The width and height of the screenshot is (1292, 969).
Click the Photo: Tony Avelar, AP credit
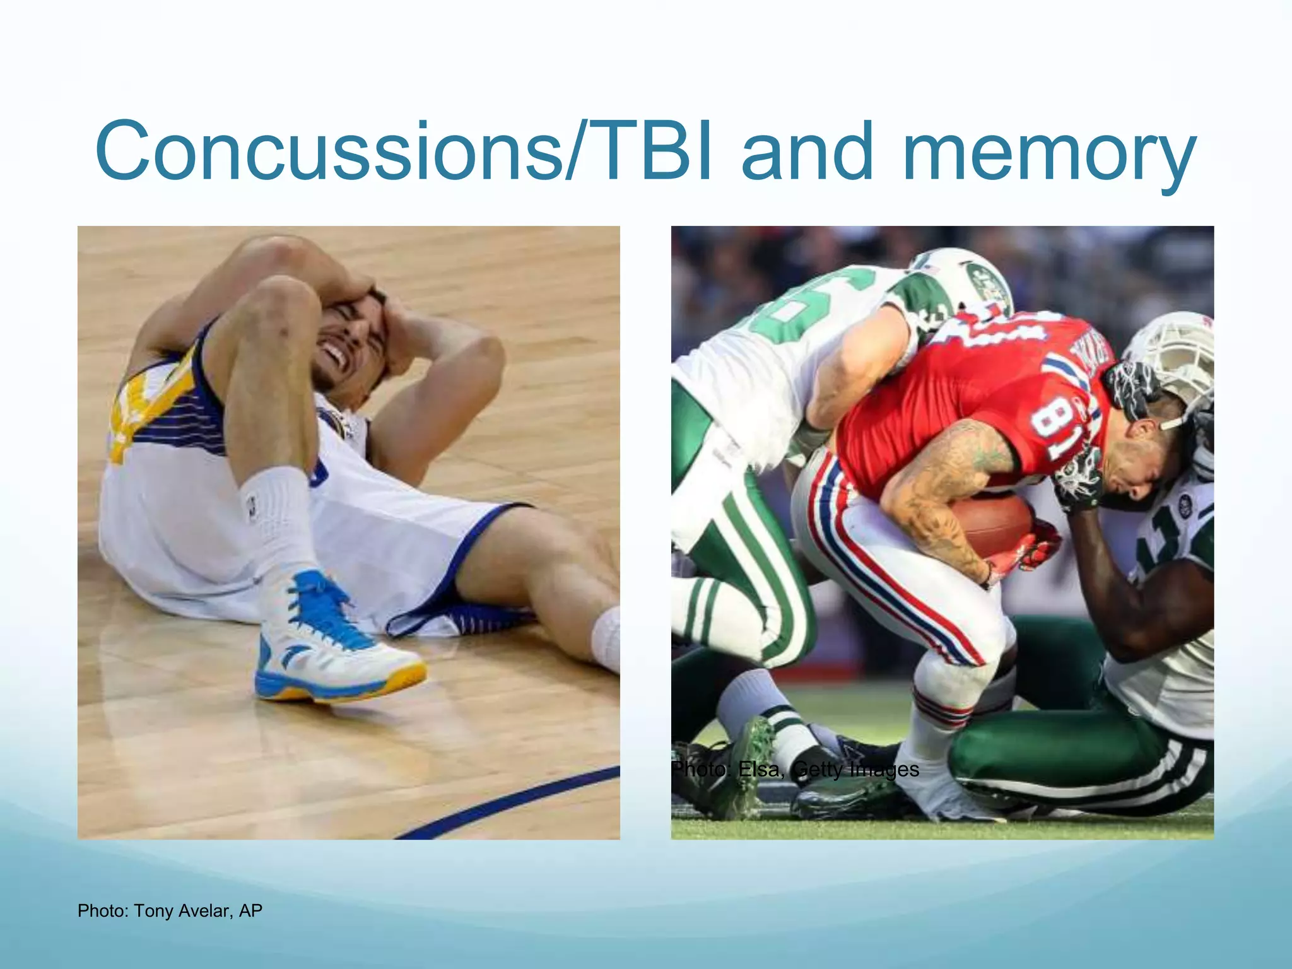click(x=170, y=911)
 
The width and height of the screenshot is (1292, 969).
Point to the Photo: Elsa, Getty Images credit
click(x=795, y=770)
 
